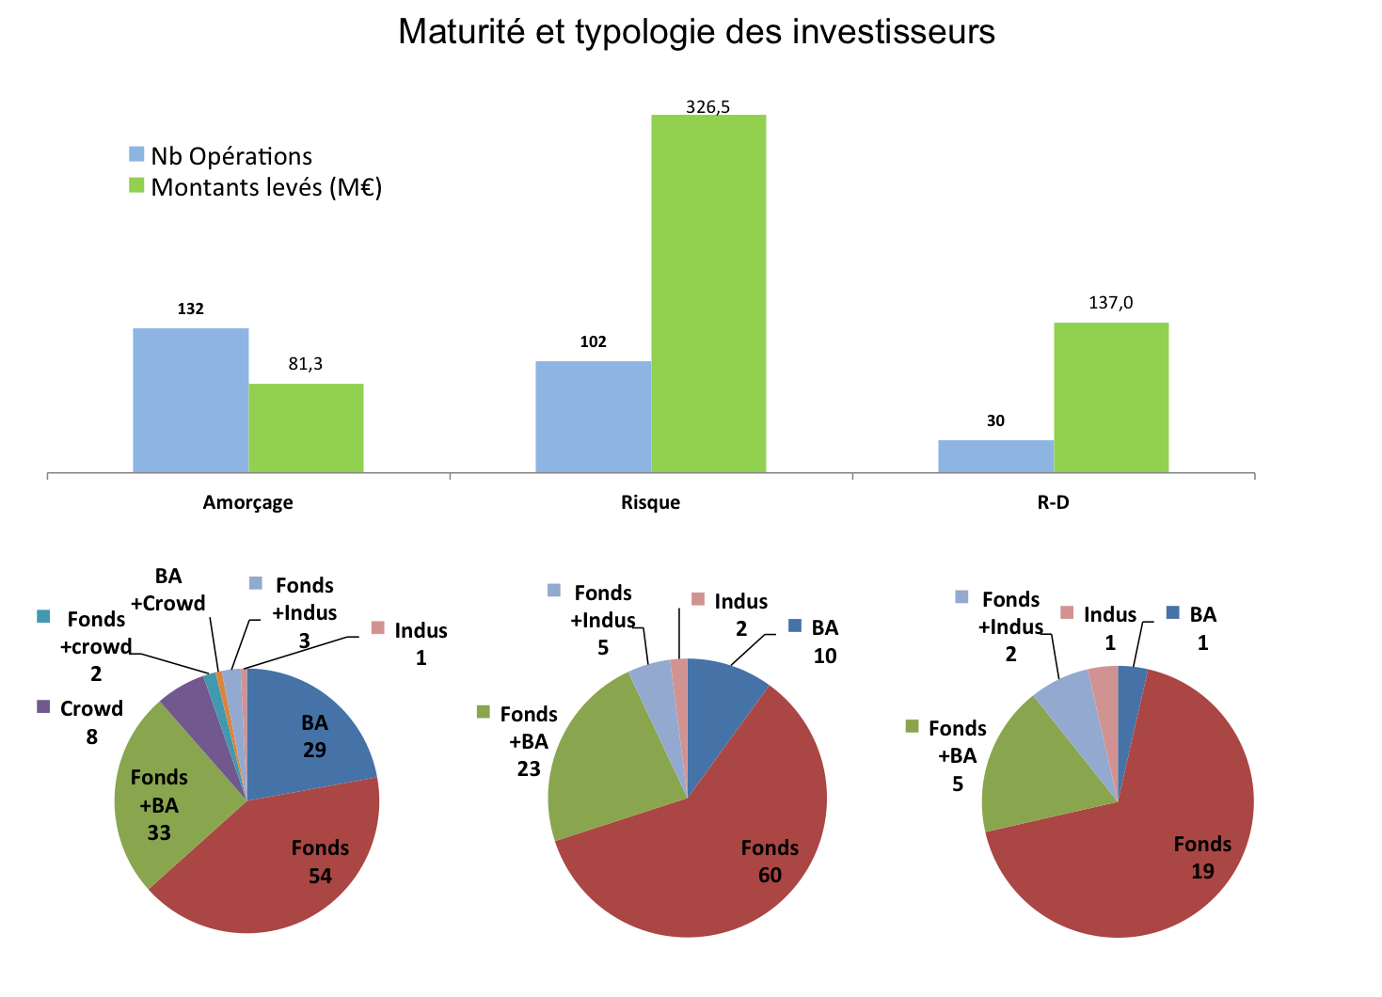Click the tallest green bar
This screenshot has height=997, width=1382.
tap(708, 293)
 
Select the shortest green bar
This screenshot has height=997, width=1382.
tap(306, 427)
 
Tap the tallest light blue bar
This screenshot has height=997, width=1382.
tap(190, 400)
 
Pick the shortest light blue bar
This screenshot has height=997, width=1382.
tap(995, 455)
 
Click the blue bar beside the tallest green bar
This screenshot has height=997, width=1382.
tap(593, 416)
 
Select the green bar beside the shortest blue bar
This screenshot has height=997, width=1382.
tap(1111, 397)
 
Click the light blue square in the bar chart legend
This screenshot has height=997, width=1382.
tap(137, 154)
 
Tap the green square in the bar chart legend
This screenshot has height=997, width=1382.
tap(137, 185)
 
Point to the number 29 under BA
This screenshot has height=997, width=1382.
tap(314, 751)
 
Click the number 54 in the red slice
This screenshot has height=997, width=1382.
tap(320, 877)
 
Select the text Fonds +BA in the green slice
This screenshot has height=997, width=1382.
tap(159, 791)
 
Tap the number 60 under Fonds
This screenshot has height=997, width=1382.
tap(770, 876)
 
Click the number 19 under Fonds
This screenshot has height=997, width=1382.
tap(1202, 872)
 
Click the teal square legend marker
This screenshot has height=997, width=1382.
tap(43, 617)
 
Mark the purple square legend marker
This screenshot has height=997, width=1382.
tap(43, 706)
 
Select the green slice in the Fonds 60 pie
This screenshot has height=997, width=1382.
tap(602, 762)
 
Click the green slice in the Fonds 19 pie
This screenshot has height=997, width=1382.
tap(1035, 771)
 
